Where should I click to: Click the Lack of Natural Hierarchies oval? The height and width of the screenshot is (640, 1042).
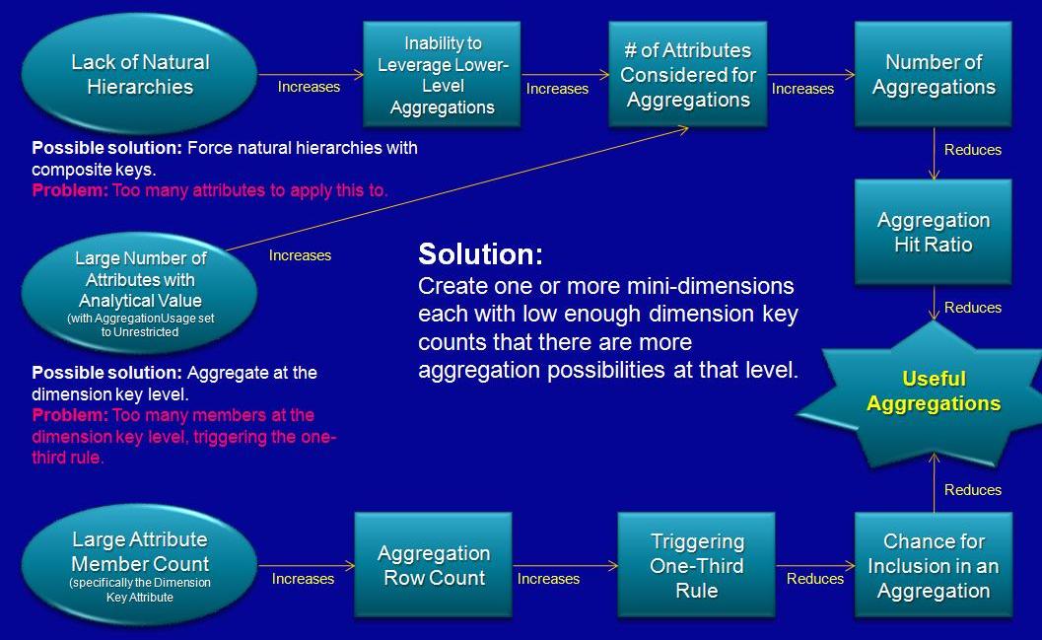click(140, 74)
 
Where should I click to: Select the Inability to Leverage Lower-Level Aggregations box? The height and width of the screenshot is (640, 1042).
click(442, 74)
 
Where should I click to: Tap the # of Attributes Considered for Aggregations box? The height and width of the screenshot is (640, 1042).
click(687, 74)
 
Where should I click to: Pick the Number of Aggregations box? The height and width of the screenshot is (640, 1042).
click(933, 74)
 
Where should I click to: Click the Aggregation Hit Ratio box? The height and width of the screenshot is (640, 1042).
click(933, 232)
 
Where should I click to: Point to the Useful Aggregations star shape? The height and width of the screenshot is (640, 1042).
click(933, 392)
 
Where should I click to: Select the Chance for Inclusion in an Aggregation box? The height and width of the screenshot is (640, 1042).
click(933, 565)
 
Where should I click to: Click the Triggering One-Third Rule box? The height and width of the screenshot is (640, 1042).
click(696, 565)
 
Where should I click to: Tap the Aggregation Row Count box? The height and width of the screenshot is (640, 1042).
click(434, 565)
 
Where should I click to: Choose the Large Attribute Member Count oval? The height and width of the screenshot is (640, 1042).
click(140, 565)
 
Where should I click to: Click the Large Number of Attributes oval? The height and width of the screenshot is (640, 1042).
click(140, 291)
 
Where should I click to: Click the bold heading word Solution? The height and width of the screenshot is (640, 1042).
click(480, 254)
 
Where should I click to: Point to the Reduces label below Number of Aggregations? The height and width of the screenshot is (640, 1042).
click(972, 150)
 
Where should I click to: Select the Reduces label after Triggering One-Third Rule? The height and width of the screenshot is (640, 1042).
click(814, 579)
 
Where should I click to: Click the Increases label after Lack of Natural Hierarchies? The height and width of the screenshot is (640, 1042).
click(309, 87)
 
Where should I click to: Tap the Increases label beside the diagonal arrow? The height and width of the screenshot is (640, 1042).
click(300, 255)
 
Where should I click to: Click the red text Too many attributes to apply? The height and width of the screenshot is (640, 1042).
click(250, 190)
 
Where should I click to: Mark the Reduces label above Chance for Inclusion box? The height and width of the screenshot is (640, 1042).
click(972, 490)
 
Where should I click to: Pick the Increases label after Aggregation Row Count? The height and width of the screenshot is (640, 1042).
click(548, 579)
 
